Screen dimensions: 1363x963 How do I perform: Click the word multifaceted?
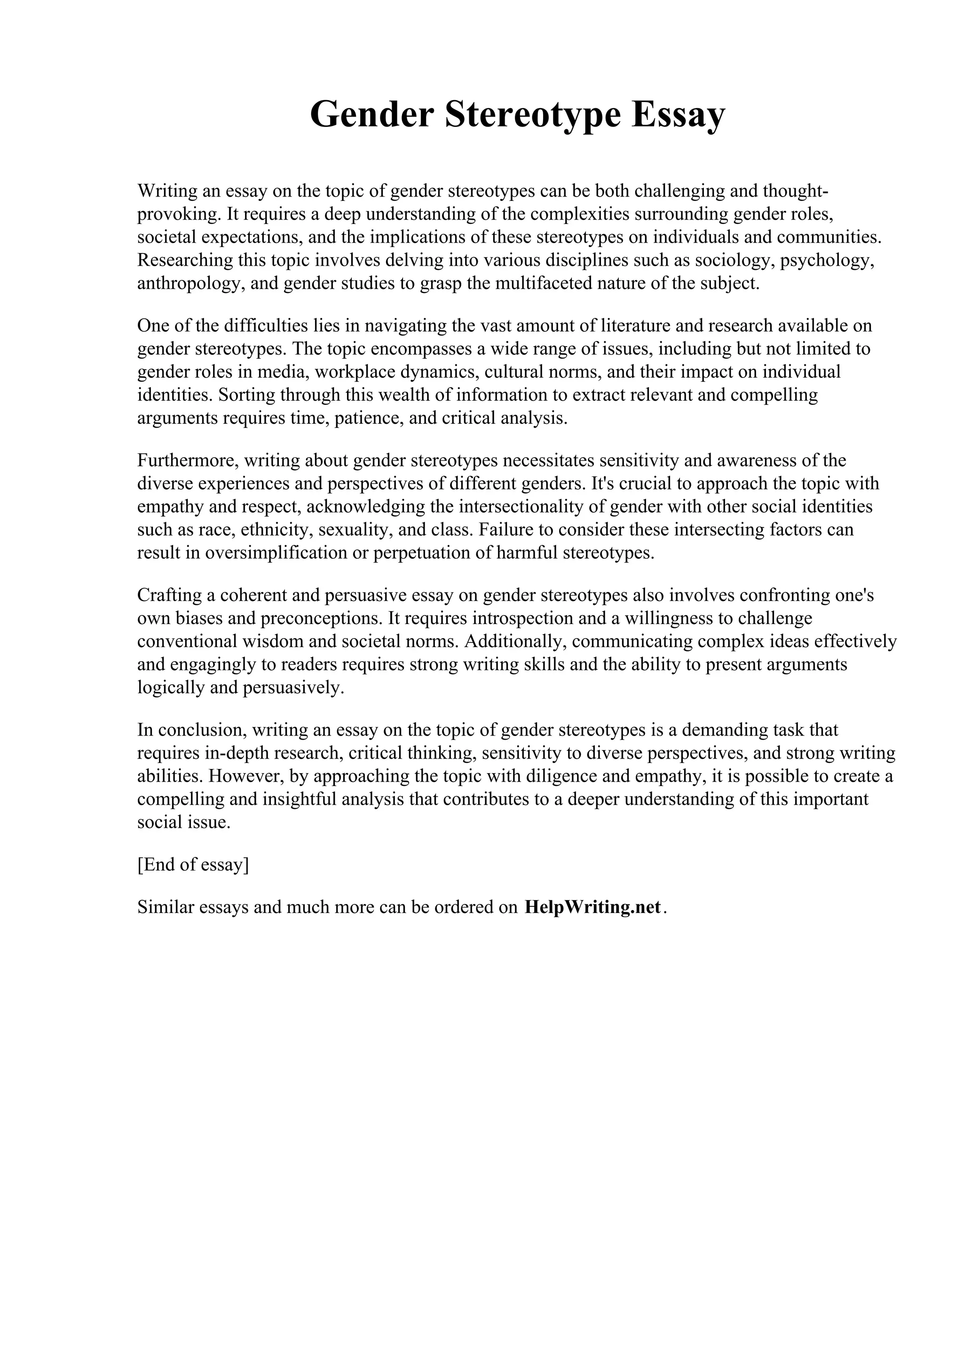tap(544, 283)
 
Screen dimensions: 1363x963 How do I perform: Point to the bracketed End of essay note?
tap(193, 864)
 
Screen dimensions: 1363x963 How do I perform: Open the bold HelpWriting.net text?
tap(592, 907)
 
